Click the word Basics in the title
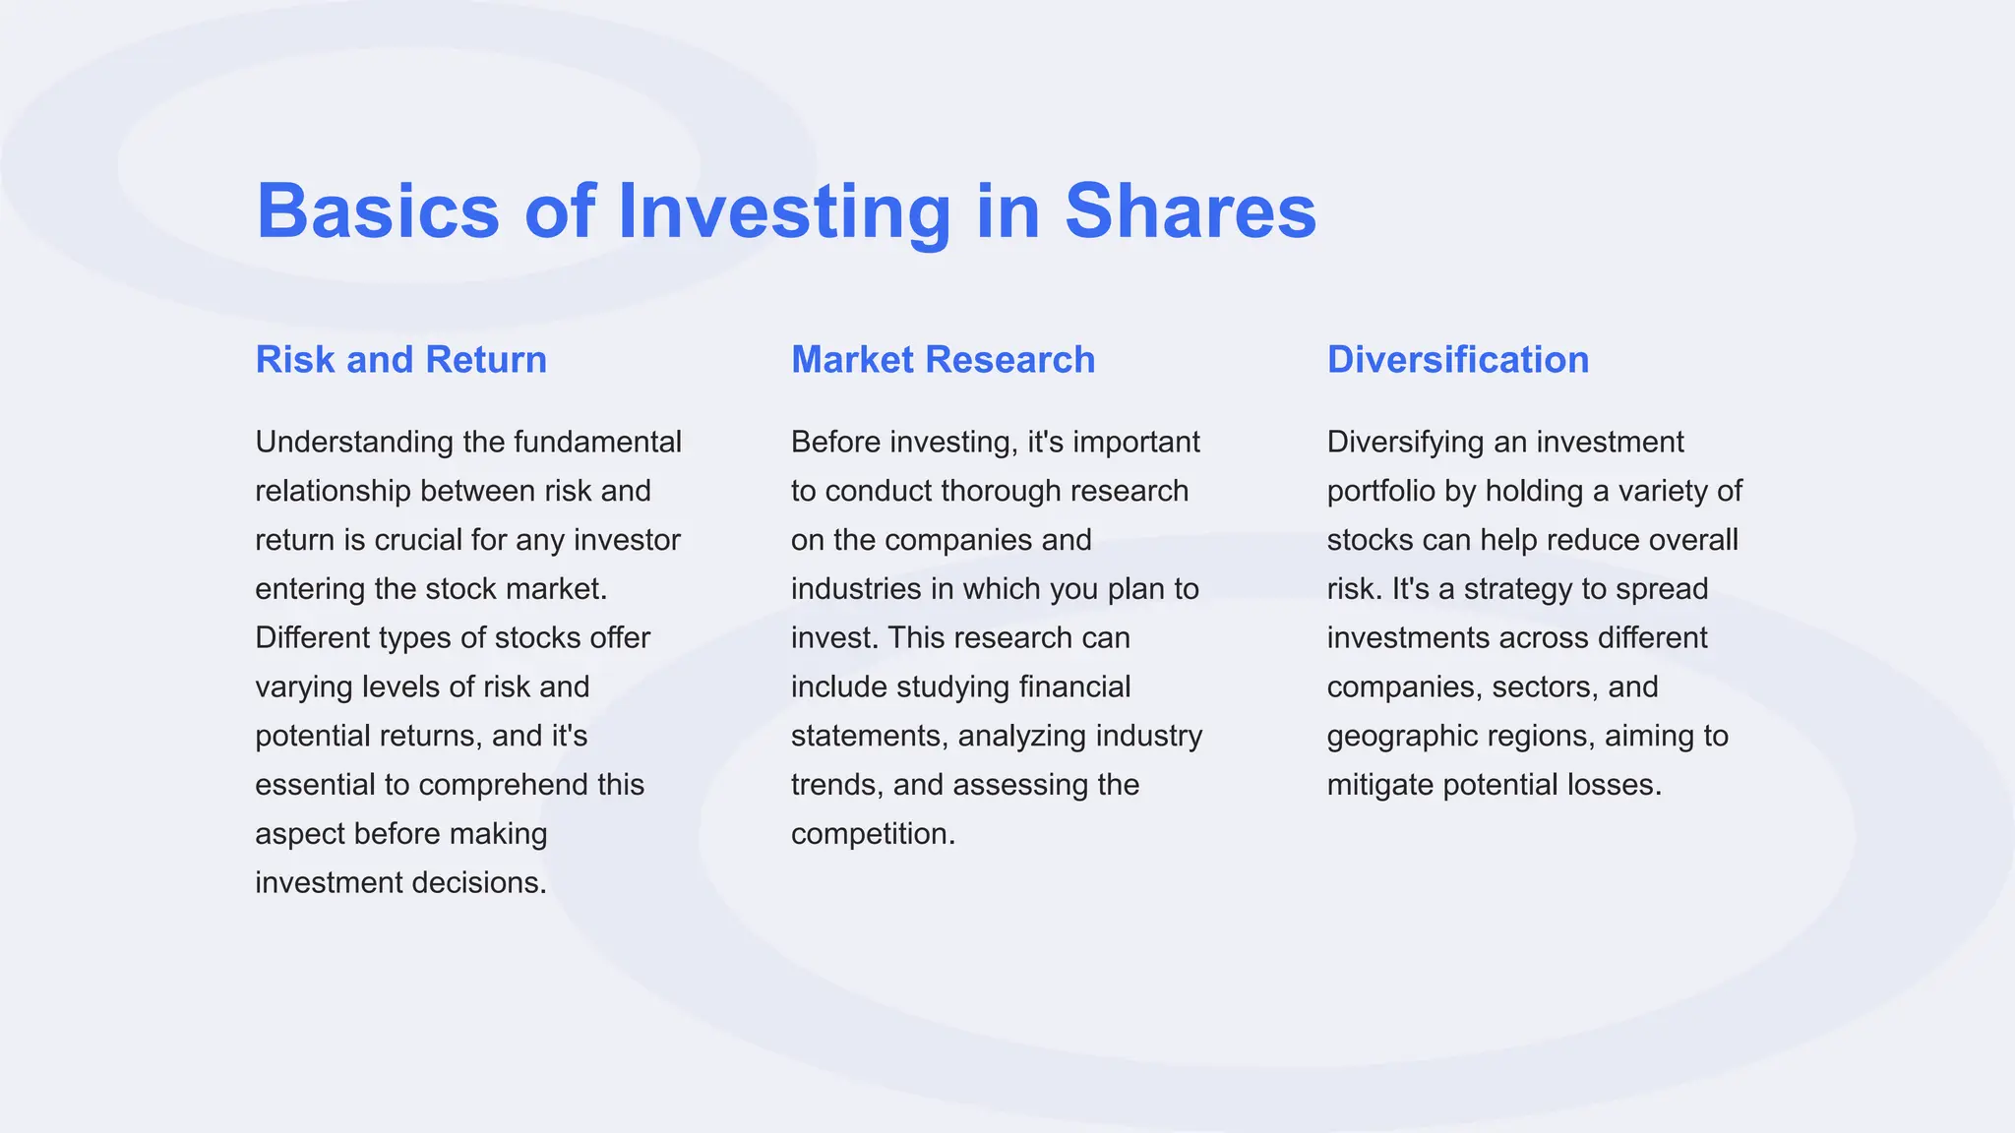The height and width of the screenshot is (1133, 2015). tap(378, 210)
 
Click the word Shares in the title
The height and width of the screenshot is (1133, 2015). tap(1190, 210)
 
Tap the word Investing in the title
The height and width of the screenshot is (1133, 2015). tap(784, 210)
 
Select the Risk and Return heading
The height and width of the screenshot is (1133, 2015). tap(400, 360)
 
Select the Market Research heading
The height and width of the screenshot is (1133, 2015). tap(943, 360)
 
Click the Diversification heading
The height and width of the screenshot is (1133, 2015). tap(1457, 360)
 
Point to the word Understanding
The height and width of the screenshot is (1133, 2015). tap(354, 443)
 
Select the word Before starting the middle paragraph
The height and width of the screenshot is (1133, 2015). tap(836, 443)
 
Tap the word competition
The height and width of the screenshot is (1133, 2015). tap(873, 835)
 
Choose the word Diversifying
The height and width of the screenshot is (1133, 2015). tap(1406, 443)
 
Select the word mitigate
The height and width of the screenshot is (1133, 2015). tap(1380, 786)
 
